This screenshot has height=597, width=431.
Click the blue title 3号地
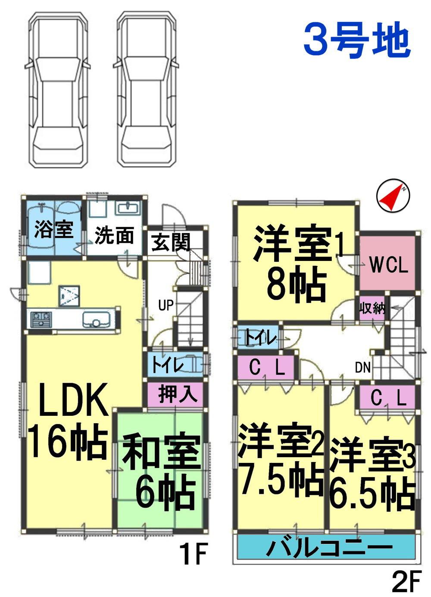tap(356, 41)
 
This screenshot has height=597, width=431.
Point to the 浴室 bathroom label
tap(53, 230)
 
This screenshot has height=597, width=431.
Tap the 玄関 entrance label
tap(171, 242)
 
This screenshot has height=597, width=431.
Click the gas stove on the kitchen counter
tap(40, 319)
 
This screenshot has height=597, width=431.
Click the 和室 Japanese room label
tap(162, 453)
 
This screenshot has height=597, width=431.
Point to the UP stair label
tap(166, 306)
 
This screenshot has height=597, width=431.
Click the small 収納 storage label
tap(372, 309)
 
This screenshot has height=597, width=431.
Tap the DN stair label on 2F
tap(363, 368)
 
